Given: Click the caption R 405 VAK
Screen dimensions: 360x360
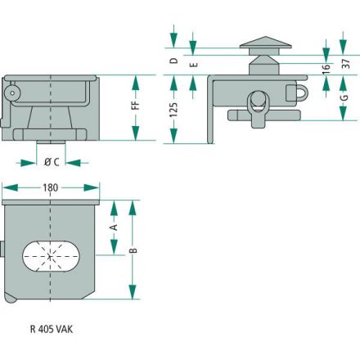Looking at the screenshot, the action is pos(52,329).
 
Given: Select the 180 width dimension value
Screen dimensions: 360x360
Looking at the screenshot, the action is pos(51,187).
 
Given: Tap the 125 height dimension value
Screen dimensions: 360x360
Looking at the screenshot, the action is pos(173,110).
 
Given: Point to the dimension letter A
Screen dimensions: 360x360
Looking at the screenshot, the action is pos(115,227).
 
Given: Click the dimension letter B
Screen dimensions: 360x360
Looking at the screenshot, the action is pos(133,250).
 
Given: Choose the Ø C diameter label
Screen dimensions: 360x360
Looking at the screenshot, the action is pos(52,162).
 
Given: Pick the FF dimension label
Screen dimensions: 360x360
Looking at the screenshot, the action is pos(135,106).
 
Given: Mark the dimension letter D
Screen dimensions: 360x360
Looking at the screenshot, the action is pos(173,61).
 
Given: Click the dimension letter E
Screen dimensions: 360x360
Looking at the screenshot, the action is pos(193,65).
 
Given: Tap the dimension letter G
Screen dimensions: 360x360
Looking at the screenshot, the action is pos(344,97).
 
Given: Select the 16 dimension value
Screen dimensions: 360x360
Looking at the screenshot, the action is pos(326,69).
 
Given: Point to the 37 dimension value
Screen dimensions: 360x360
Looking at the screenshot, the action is pos(345,64).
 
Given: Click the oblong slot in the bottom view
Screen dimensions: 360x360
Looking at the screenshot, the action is pos(51,256).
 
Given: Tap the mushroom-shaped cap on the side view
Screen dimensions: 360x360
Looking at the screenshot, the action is pos(265,46).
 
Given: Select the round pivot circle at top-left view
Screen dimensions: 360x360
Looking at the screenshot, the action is pos(11,93).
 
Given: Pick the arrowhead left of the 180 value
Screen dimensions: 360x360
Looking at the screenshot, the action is pos(10,187).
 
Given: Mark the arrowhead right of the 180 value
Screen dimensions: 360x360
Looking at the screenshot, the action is pos(92,187).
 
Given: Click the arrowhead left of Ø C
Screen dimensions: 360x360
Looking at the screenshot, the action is pos(29,163).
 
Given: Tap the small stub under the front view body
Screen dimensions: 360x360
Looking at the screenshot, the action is pos(51,142).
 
